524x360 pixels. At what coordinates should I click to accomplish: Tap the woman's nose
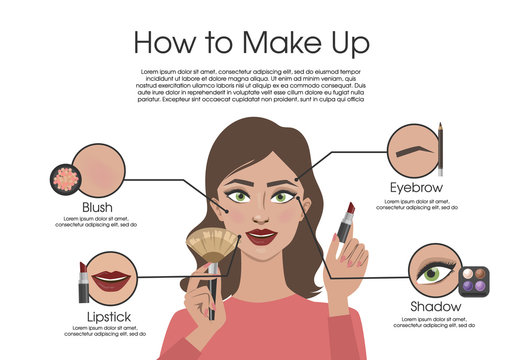pyautogui.click(x=264, y=214)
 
